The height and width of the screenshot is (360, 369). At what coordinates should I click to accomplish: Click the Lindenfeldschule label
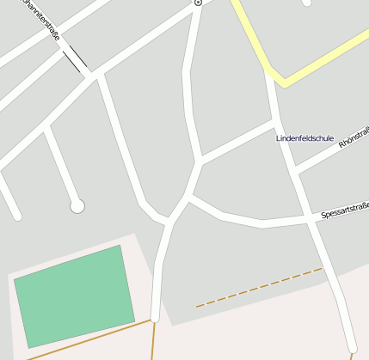click(304, 138)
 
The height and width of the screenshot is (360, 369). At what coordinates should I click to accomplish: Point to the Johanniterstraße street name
click(40, 19)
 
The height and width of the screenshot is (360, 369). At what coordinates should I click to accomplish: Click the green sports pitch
click(75, 296)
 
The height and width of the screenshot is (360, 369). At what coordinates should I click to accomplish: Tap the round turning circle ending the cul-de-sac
click(77, 205)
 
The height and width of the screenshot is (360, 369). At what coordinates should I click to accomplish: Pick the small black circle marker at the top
click(198, 3)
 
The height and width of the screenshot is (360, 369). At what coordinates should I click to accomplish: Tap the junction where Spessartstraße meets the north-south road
click(309, 220)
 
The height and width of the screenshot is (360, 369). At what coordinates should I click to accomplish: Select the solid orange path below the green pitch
click(86, 341)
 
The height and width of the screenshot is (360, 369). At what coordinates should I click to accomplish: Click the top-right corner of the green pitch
click(120, 246)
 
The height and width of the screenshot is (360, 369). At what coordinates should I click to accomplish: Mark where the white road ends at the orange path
click(155, 320)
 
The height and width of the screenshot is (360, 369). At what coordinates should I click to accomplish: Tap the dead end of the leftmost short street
click(15, 216)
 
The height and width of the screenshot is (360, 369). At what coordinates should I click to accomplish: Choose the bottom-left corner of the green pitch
click(28, 347)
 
